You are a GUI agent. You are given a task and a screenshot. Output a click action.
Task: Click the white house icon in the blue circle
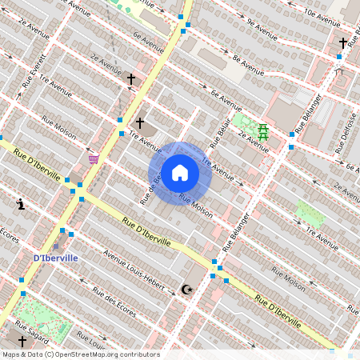point(180,173)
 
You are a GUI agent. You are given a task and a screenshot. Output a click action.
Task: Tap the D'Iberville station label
point(56,258)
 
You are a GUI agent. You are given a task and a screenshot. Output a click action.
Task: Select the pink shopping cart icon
point(94,158)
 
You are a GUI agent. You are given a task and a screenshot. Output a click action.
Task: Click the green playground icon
point(262,133)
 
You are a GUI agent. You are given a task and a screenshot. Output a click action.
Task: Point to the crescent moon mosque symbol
point(188,289)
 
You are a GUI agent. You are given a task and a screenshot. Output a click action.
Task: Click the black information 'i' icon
point(21,204)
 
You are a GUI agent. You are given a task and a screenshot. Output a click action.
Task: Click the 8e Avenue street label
point(247,60)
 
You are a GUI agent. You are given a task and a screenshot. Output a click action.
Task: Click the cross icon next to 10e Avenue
point(343,42)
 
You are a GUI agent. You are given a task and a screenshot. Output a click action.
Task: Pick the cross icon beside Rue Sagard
point(22,342)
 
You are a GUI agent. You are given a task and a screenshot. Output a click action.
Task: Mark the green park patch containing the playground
point(252,128)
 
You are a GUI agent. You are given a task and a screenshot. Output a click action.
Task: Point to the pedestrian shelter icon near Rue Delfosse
point(338,71)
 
